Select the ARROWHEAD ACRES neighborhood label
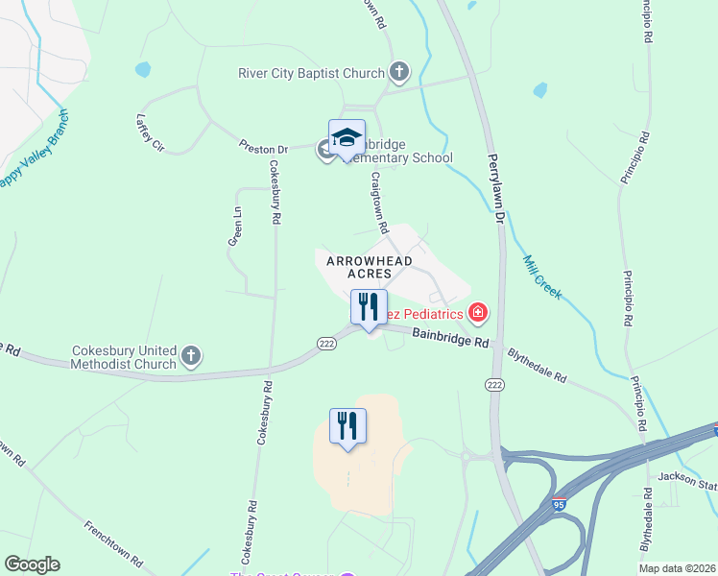(370, 267)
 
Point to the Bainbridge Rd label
(451, 337)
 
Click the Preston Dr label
(263, 149)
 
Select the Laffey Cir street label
(151, 132)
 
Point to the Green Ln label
(233, 227)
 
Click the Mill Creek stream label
(542, 276)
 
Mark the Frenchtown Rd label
(113, 543)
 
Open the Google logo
(32, 564)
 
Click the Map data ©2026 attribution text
(677, 568)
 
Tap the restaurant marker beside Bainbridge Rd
(369, 307)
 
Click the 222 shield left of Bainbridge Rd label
(326, 344)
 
